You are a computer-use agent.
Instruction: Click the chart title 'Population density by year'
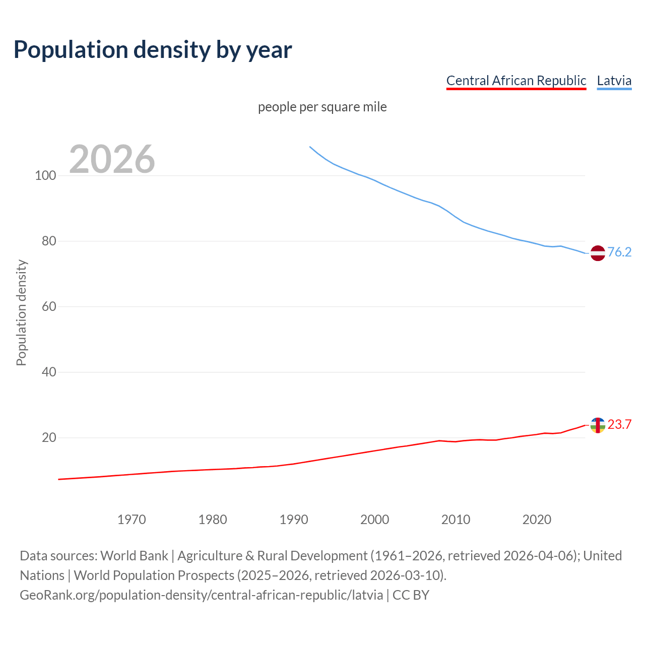[x=153, y=50]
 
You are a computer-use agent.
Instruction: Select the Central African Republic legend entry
[x=516, y=81]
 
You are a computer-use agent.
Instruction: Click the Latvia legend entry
[x=614, y=81]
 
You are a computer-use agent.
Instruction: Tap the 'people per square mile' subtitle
[x=322, y=107]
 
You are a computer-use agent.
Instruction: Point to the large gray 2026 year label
[x=112, y=159]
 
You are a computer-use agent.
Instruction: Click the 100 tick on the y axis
[x=45, y=176]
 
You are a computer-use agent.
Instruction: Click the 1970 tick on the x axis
[x=132, y=520]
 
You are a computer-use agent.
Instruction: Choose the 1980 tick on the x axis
[x=213, y=520]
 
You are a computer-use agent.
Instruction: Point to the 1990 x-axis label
[x=294, y=520]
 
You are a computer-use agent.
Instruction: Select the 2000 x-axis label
[x=375, y=520]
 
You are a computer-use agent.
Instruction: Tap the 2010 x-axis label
[x=456, y=520]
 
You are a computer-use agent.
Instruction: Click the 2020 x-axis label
[x=537, y=520]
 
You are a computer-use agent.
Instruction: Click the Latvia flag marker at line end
[x=598, y=253]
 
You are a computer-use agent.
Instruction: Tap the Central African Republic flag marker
[x=598, y=425]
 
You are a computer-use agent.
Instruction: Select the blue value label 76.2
[x=619, y=252]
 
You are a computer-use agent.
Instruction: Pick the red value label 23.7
[x=619, y=424]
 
